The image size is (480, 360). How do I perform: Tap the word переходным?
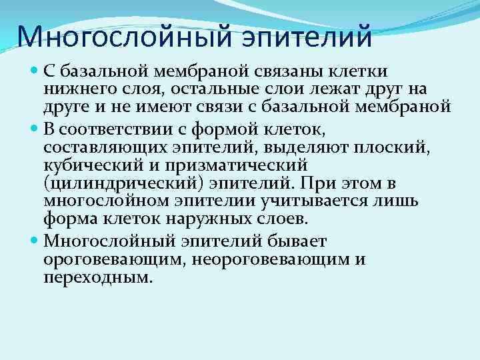click(97, 277)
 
